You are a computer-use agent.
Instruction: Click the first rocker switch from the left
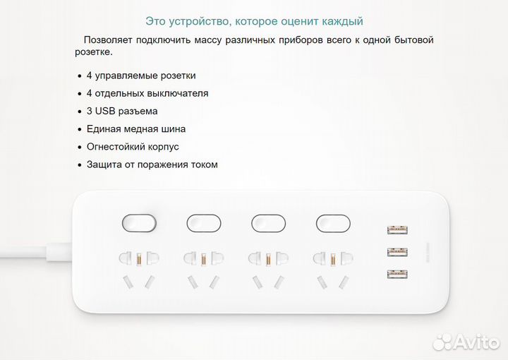140,223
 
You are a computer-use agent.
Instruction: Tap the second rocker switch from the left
204,223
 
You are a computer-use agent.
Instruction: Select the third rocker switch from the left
268,223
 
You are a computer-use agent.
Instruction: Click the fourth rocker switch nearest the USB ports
333,223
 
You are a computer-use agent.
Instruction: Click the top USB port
397,229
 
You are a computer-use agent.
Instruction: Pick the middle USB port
397,251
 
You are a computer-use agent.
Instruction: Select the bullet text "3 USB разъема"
122,111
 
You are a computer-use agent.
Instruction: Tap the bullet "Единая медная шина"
136,129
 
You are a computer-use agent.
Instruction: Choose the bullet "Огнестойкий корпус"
133,147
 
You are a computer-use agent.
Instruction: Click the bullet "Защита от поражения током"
152,164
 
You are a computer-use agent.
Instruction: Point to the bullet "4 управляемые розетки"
141,76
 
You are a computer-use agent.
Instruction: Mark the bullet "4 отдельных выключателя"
147,93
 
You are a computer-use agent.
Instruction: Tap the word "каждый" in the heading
345,21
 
